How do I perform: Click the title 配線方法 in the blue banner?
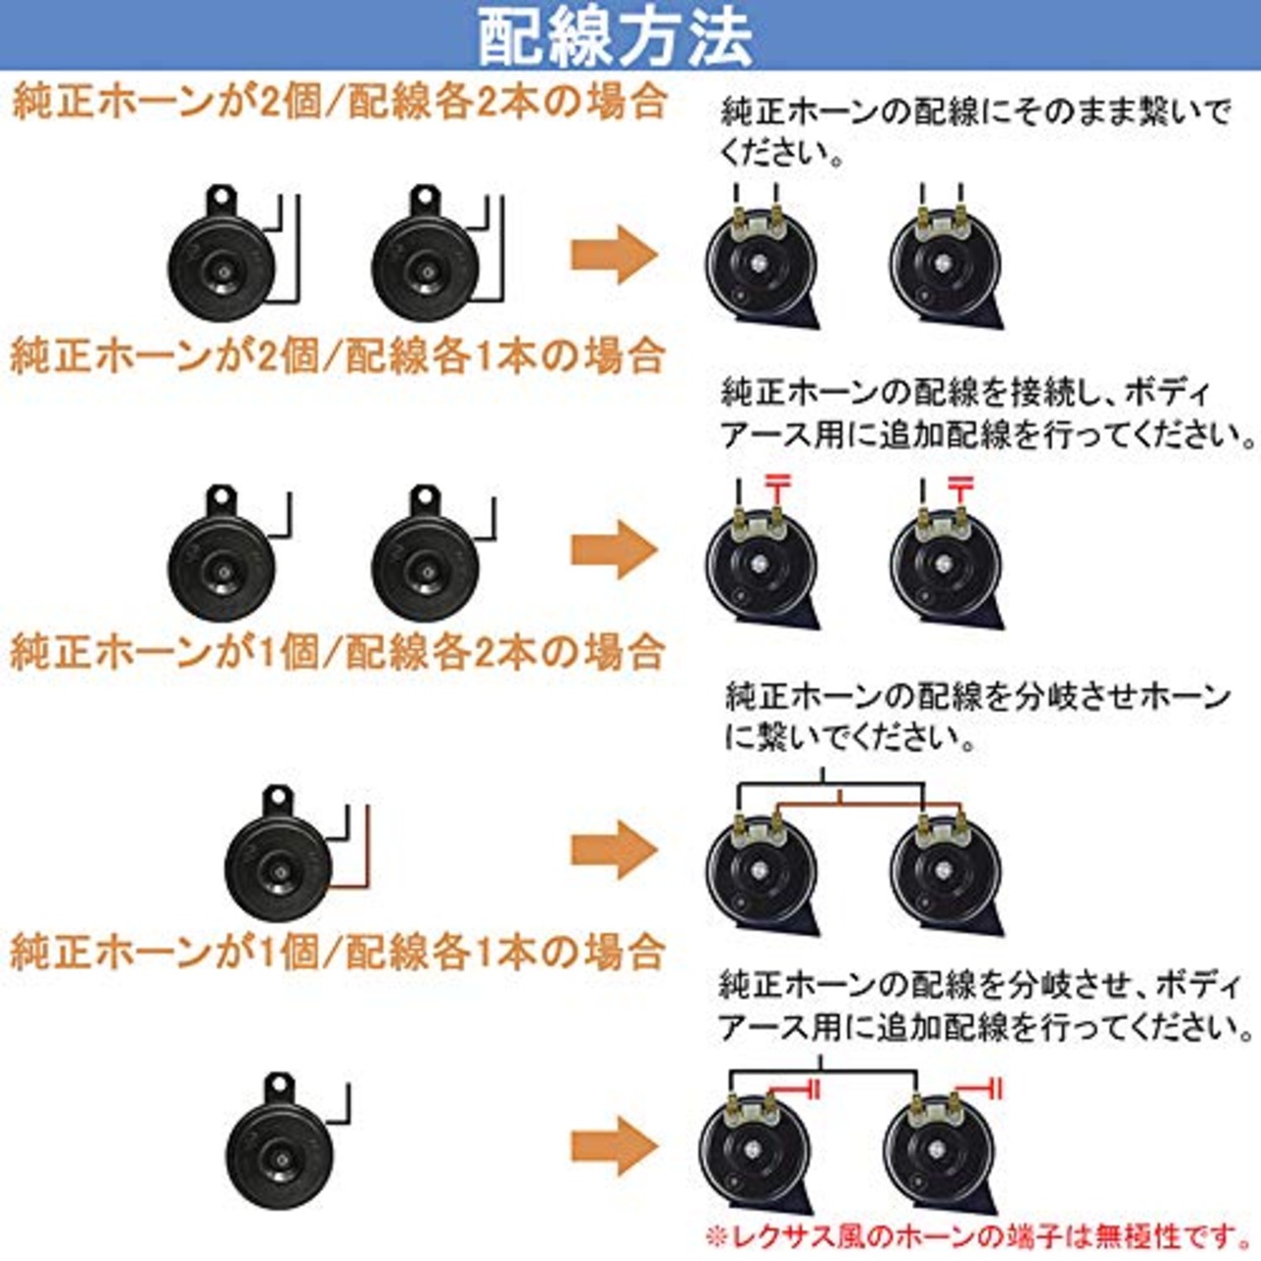point(616,37)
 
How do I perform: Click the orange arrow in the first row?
point(613,254)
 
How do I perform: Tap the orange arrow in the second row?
point(613,550)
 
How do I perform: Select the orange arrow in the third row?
point(613,849)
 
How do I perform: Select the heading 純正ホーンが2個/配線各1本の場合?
point(337,356)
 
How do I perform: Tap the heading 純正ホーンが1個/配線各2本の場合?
point(337,652)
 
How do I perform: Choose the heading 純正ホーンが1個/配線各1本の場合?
point(337,952)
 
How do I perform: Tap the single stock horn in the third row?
point(278,865)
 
